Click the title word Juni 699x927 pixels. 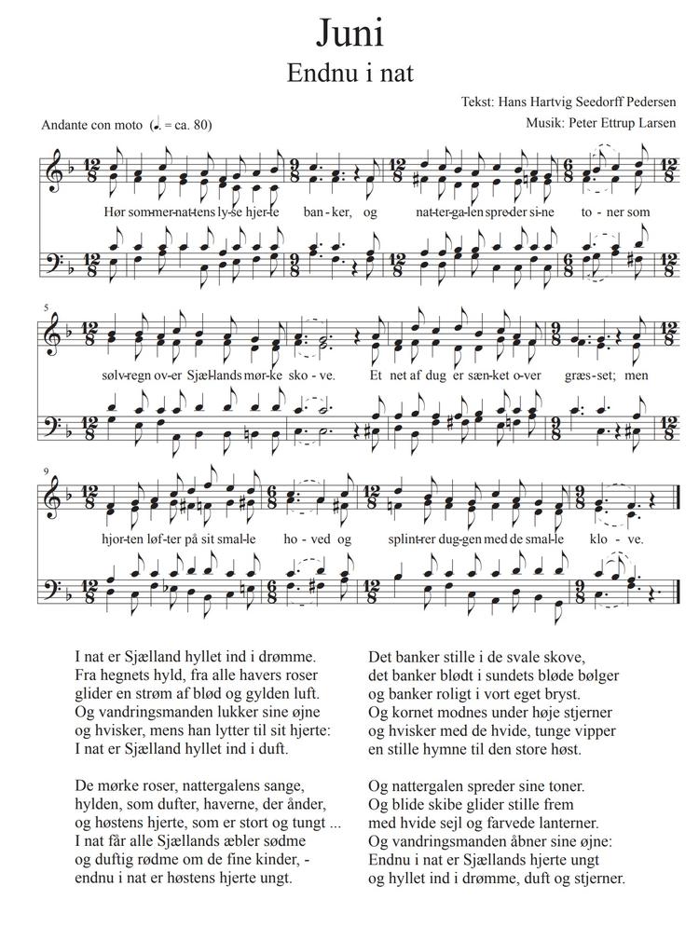coord(349,33)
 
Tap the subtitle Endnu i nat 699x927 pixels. coord(349,72)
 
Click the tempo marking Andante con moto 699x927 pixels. coord(91,126)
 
